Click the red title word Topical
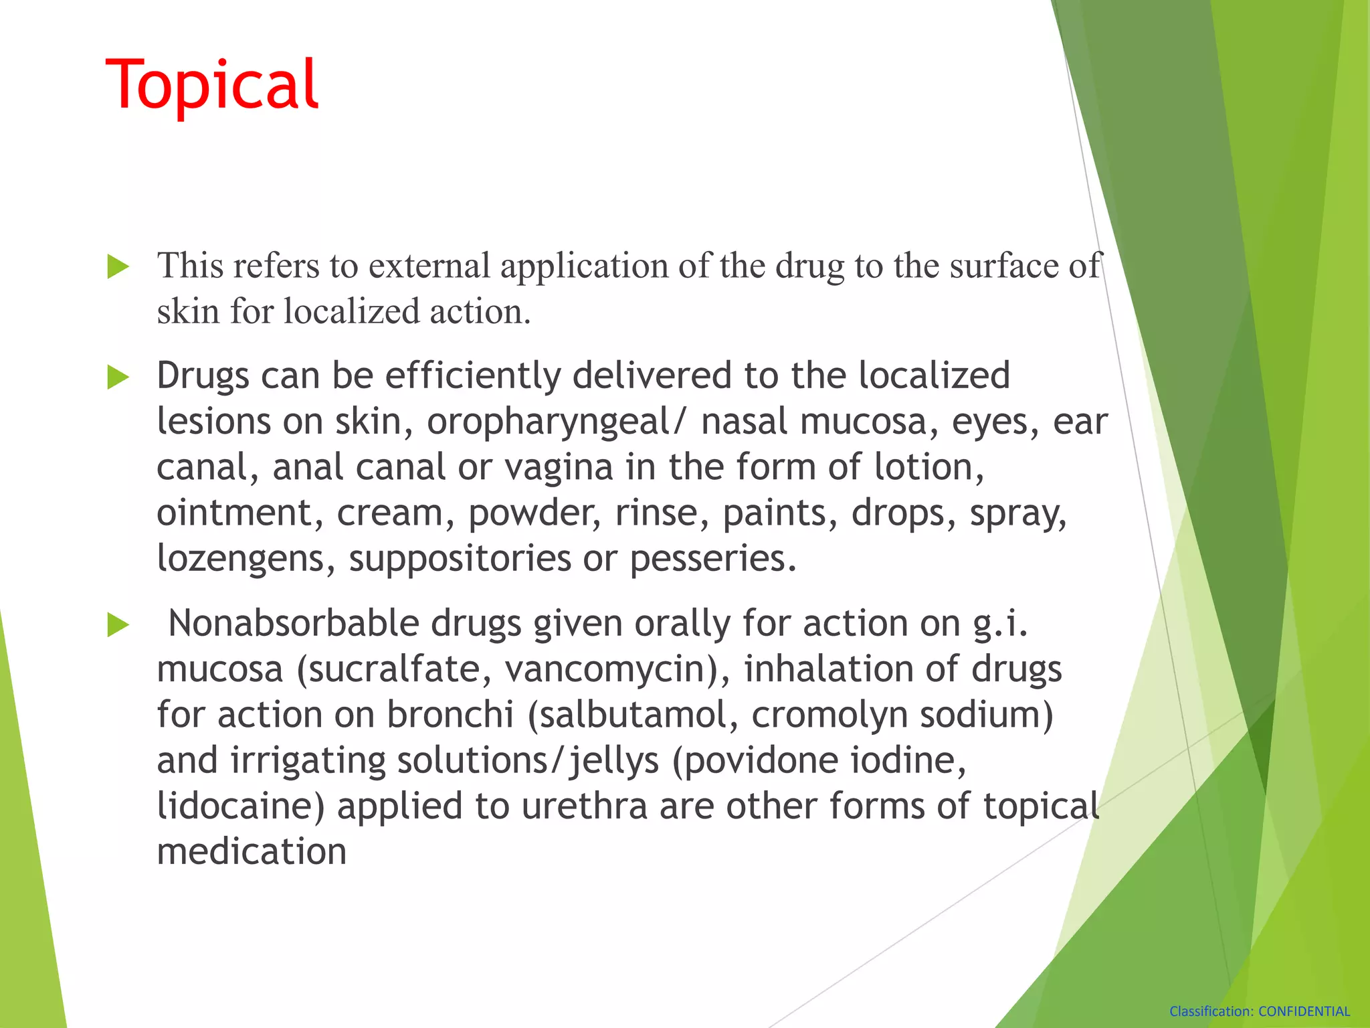[x=212, y=84]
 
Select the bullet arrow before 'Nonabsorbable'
[x=118, y=625]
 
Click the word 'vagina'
[x=559, y=467]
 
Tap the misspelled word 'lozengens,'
[x=246, y=559]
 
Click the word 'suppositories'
[x=460, y=559]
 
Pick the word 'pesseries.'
[x=714, y=559]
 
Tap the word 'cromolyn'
[x=829, y=715]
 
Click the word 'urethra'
[x=585, y=806]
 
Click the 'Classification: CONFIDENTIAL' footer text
[x=1259, y=1011]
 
